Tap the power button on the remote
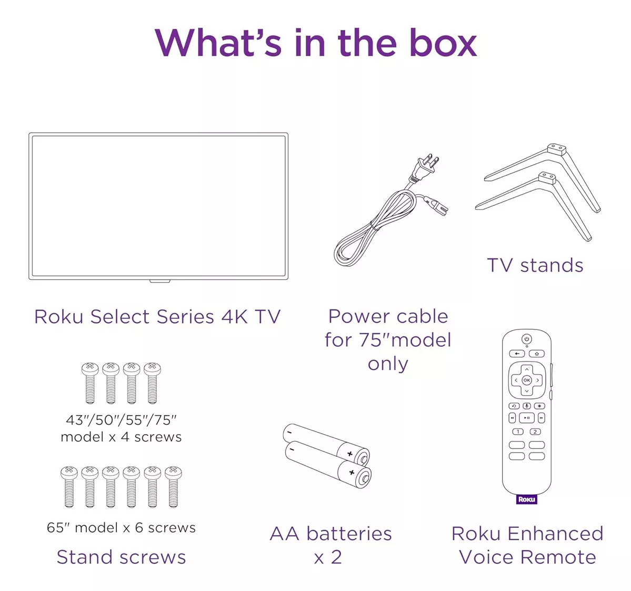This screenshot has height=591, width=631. (526, 339)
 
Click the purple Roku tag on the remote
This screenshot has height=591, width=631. (526, 499)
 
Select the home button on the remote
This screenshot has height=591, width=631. (536, 354)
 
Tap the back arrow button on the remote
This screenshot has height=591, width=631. (517, 354)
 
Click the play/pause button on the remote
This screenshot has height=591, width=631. (526, 418)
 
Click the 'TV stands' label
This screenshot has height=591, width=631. (535, 265)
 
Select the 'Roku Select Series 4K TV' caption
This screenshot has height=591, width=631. (157, 317)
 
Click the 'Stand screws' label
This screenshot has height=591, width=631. (121, 557)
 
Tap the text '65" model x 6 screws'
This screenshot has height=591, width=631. (121, 527)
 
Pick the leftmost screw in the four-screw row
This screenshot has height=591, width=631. (90, 383)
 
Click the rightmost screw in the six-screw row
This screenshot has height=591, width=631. (173, 486)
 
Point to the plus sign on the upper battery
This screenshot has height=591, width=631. (349, 454)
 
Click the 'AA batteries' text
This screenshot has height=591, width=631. (330, 534)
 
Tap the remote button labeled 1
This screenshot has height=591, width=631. (518, 432)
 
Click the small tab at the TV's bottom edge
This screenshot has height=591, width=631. (159, 281)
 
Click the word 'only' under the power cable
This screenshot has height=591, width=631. (388, 364)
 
